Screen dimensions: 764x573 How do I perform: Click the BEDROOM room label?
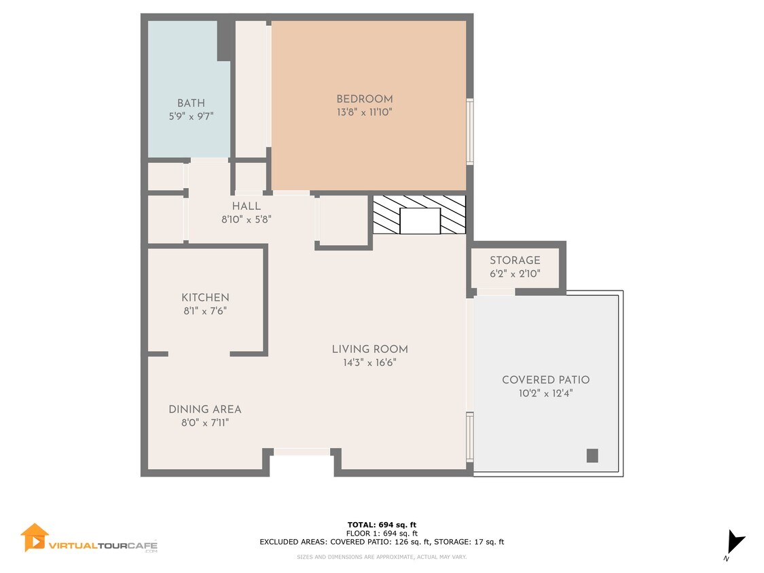[x=365, y=99]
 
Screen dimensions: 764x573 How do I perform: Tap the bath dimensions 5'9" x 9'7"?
[x=191, y=117]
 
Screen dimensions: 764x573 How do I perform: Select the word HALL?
[x=246, y=206]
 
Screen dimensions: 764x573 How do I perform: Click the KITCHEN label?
[x=205, y=298]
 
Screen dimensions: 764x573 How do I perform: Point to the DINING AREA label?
[x=205, y=409]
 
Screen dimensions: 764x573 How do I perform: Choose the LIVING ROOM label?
[x=370, y=350]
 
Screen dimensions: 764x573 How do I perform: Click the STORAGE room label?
[x=515, y=260]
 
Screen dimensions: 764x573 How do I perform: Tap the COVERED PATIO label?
[x=546, y=380]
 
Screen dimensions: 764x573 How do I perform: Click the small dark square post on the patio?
[x=592, y=456]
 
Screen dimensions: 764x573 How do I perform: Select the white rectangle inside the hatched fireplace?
[x=420, y=221]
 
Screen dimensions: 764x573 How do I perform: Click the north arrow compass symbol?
[x=735, y=543]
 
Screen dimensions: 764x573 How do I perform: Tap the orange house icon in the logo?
[x=34, y=538]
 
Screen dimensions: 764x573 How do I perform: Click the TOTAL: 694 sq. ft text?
[x=382, y=525]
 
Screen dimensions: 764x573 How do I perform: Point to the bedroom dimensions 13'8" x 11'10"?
[x=365, y=112]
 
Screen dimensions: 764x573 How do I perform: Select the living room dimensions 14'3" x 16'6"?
[x=370, y=363]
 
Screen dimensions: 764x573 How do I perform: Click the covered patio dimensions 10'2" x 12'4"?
[x=546, y=393]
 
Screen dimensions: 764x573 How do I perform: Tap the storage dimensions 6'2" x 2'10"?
[x=515, y=274]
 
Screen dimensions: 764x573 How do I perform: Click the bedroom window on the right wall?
[x=470, y=132]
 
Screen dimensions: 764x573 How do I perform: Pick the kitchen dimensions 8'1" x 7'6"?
[x=205, y=311]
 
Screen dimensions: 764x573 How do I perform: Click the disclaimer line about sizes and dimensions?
[x=382, y=557]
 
